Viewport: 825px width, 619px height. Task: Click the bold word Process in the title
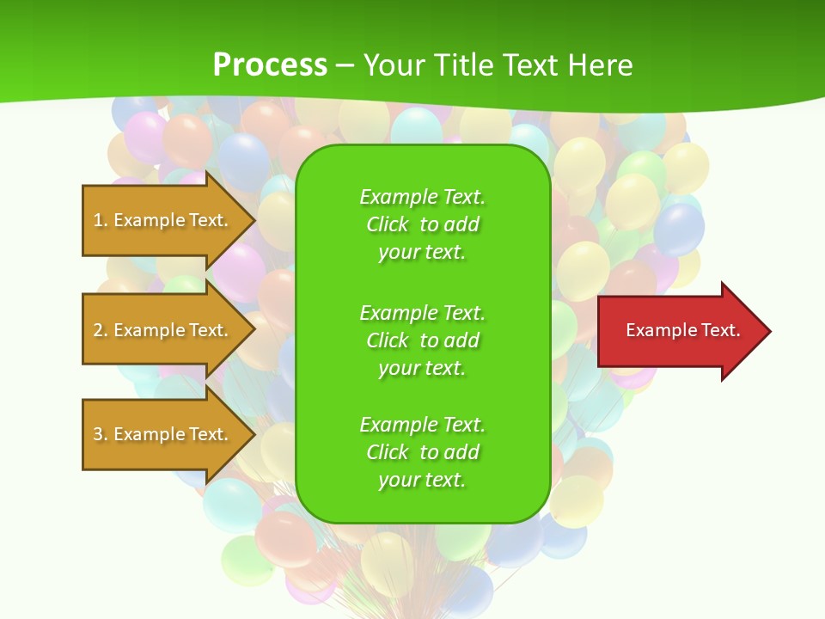[270, 64]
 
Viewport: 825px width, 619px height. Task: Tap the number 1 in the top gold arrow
[97, 220]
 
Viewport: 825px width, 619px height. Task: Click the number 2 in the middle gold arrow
[97, 330]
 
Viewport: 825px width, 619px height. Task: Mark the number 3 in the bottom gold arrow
[97, 434]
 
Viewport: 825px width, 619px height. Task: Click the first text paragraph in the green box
[422, 224]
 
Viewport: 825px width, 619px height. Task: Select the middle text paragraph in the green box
[422, 340]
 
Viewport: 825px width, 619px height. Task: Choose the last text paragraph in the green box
[422, 452]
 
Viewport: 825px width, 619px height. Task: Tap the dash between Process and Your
[345, 65]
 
